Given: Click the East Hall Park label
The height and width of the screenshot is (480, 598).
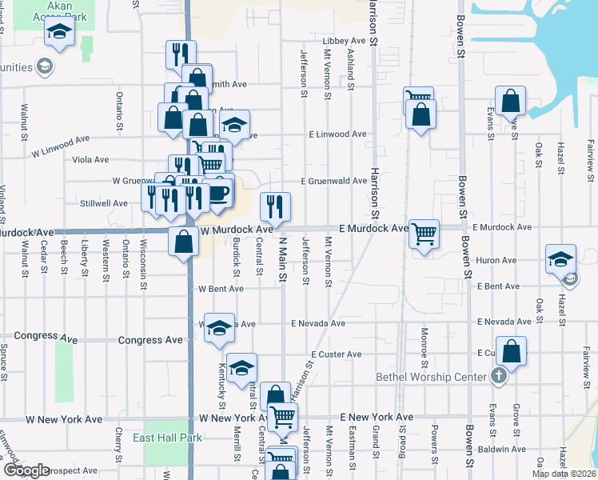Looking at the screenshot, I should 167,438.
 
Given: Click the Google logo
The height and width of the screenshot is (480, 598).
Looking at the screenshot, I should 26,470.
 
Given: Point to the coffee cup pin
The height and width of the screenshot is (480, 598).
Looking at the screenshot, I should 219,192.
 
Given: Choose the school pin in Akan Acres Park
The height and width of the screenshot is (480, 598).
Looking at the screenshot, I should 58,33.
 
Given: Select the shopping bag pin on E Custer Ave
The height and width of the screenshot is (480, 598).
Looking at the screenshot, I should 512,351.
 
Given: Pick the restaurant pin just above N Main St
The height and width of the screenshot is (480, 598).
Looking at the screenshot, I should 274,207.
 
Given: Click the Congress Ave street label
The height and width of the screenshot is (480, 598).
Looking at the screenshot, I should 150,340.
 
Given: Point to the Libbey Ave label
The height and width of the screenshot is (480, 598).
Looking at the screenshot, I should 343,40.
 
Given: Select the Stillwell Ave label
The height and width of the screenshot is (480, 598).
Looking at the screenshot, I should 103,203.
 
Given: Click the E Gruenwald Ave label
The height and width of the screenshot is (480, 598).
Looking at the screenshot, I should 334,181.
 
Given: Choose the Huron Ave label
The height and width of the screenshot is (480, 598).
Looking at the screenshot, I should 496,260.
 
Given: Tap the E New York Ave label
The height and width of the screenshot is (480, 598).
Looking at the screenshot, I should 377,418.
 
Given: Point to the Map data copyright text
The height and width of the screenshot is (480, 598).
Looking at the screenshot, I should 563,473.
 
